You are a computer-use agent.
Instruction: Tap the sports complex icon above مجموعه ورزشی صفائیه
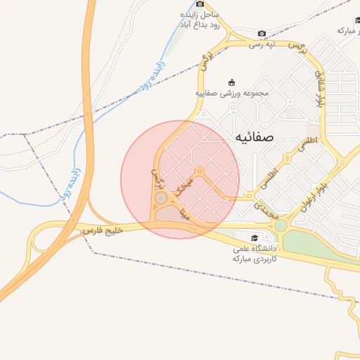pos(231,82)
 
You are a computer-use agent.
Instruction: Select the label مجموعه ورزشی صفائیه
pos(231,93)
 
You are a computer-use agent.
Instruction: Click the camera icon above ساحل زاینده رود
pos(200,4)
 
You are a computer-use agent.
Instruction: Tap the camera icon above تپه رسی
pos(262,33)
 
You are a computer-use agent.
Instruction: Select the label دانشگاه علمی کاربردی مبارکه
pos(255,254)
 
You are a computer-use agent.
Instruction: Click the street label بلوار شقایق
pos(321,90)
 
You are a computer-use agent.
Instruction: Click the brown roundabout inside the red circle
pos(162,199)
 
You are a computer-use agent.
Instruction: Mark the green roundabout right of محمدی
pos(281,226)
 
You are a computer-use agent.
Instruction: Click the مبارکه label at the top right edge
pos(348,30)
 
